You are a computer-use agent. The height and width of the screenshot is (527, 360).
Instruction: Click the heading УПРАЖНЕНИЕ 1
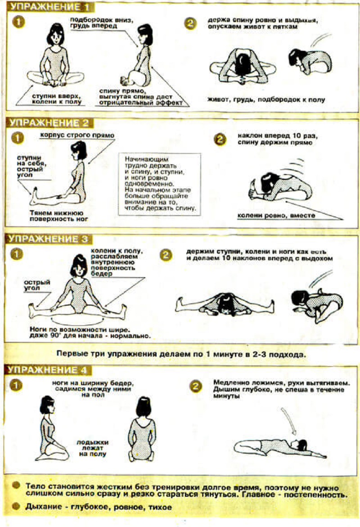(49, 7)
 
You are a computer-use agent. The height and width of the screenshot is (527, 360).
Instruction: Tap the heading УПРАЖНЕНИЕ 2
(49, 123)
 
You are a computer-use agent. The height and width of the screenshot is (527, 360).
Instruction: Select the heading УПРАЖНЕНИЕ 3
(48, 239)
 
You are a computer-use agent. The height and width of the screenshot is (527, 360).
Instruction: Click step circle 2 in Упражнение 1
(190, 23)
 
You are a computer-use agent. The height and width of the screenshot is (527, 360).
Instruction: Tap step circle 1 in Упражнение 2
(18, 138)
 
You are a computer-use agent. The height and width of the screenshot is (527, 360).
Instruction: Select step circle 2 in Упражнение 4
(196, 387)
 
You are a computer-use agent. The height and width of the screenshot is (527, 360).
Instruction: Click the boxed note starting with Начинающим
(160, 184)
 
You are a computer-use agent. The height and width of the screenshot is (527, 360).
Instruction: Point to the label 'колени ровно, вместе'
(276, 216)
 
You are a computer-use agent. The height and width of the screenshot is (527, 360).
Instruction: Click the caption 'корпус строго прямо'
(77, 135)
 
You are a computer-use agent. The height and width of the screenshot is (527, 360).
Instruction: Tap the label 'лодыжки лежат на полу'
(92, 448)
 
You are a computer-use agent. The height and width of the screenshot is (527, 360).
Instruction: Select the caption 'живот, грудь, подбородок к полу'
(266, 99)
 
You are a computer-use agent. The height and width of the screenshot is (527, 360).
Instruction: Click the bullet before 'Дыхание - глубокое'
(16, 506)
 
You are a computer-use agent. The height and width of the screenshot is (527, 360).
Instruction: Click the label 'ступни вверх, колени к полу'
(57, 99)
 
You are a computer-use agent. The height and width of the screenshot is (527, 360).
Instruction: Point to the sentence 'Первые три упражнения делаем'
(181, 354)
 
